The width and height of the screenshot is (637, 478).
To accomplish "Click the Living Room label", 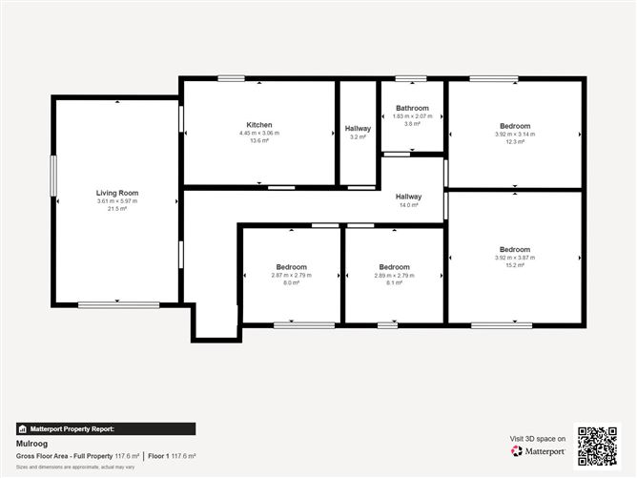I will [116, 193].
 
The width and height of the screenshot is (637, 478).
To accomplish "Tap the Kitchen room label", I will [259, 125].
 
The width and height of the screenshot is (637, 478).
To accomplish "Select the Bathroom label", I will [412, 108].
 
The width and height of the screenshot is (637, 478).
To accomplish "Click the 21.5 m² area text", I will [116, 208].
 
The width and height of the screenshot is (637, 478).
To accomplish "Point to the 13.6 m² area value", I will [259, 140].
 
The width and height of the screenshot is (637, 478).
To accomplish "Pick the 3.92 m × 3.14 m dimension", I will [515, 134].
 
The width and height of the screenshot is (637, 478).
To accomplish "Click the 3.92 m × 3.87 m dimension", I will [515, 258].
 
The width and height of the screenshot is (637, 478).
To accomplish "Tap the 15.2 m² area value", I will [515, 265].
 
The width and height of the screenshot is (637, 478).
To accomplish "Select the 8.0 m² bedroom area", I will [292, 282].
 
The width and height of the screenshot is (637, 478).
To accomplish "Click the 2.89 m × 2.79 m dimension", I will [394, 275].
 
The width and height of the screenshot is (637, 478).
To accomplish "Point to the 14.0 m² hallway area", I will [409, 205].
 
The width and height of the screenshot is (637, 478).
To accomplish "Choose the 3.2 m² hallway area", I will [358, 136].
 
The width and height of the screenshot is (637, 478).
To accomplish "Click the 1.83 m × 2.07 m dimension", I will [412, 115].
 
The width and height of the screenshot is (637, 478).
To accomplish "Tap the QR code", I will [598, 445].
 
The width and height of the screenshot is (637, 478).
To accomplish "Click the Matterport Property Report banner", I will [106, 429].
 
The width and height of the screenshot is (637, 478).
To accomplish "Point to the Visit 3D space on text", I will [538, 439].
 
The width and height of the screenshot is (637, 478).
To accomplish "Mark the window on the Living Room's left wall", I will [53, 177].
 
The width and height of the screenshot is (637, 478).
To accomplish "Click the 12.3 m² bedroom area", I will [515, 141].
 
